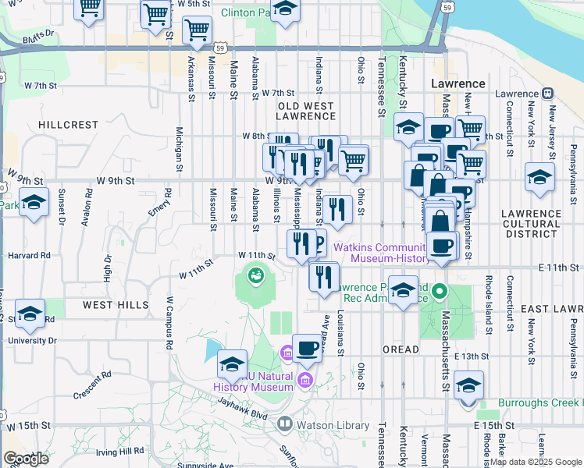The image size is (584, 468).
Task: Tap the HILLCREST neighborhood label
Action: click(x=69, y=125)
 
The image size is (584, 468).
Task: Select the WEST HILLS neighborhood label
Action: click(x=111, y=304)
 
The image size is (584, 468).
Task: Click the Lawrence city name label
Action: click(x=458, y=83)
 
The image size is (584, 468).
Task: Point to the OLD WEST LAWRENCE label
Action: click(x=306, y=111)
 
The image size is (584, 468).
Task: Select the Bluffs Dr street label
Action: click(x=38, y=34)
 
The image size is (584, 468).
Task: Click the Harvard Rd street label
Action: click(x=29, y=255)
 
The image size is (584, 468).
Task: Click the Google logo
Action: click(x=26, y=459)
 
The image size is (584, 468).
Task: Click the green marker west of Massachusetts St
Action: click(x=439, y=293)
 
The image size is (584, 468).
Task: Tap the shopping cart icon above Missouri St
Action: click(x=197, y=30)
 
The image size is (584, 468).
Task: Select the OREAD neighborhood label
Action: click(x=402, y=350)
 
